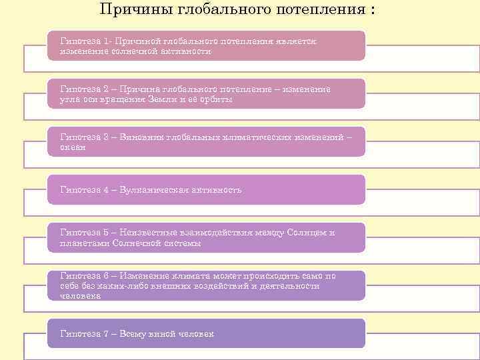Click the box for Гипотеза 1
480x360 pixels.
207,45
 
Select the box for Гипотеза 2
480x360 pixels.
207,93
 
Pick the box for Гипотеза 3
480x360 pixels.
207,141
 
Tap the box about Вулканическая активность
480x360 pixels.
207,189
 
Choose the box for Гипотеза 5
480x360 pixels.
207,237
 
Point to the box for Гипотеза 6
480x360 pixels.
207,285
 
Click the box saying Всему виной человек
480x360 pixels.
207,333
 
